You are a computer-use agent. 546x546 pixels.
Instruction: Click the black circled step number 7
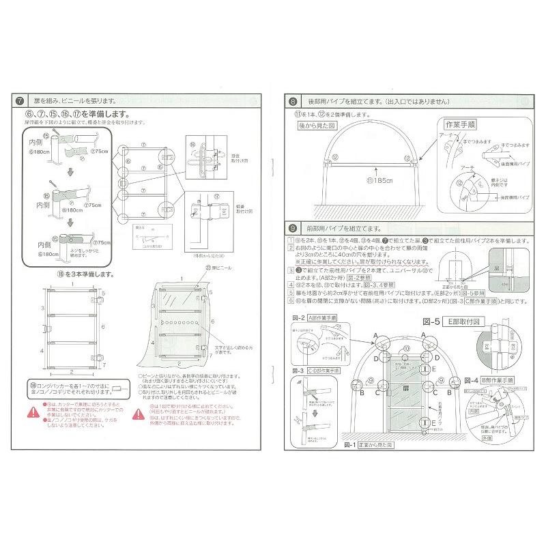click(x=21, y=100)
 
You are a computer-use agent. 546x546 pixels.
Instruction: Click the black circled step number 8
click(x=293, y=101)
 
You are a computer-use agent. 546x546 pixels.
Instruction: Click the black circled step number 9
click(x=293, y=227)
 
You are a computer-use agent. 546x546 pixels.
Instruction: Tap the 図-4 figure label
click(x=472, y=379)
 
